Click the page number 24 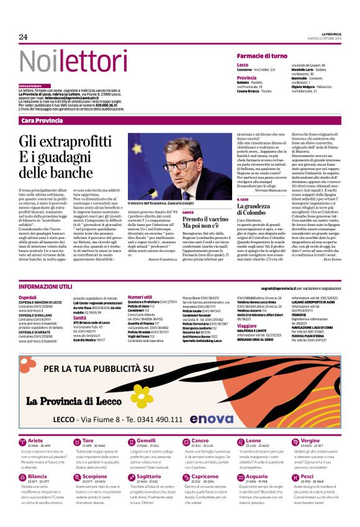24,37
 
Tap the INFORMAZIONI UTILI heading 45,287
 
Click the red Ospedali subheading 28,298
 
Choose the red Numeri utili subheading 140,298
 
